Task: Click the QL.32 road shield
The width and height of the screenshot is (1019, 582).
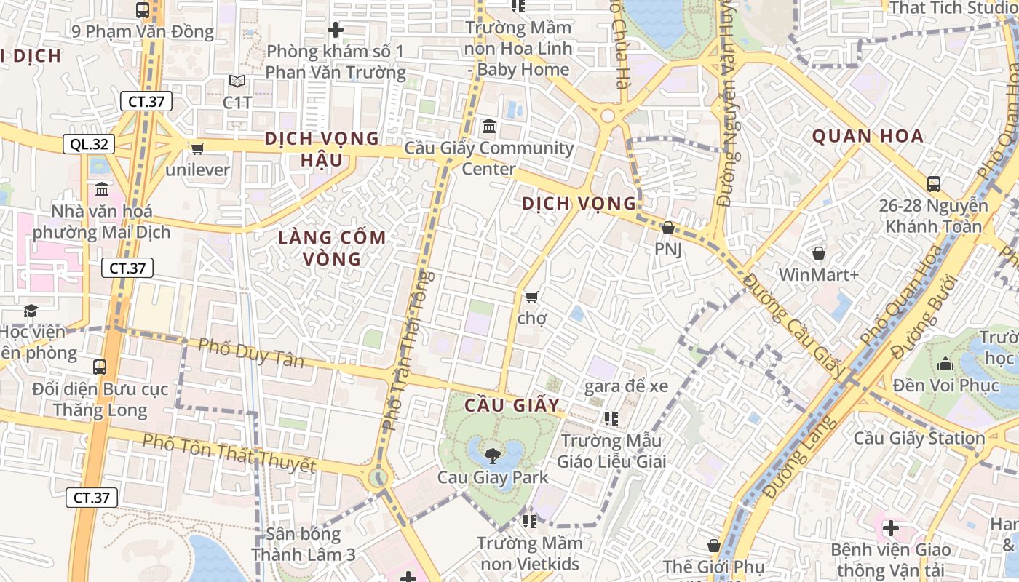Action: (90, 144)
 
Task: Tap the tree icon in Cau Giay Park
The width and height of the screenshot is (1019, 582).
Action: (492, 456)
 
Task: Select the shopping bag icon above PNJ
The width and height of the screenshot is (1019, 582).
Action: (667, 228)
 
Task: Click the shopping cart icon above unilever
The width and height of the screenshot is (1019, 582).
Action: (197, 148)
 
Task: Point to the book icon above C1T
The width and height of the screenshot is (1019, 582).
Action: (237, 81)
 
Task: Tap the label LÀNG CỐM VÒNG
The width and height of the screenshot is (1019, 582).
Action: (332, 247)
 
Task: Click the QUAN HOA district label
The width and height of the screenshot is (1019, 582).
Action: (868, 136)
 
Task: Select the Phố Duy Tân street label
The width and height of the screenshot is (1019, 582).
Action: (251, 352)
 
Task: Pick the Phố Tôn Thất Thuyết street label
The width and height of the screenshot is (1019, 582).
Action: (229, 452)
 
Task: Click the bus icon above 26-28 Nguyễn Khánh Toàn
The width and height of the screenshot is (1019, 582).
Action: (934, 184)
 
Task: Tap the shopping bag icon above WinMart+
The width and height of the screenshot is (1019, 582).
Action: (819, 253)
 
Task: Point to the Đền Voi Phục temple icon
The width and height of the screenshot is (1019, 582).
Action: (946, 363)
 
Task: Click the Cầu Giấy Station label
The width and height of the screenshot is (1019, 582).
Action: (919, 438)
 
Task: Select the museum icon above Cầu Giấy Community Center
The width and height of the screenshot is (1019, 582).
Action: (489, 127)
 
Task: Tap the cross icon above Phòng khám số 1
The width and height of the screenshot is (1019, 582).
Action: (335, 30)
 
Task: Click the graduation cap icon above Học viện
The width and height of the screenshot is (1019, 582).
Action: (31, 311)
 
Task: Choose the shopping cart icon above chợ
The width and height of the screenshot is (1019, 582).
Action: (531, 297)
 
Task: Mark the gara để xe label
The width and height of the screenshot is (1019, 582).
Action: (626, 386)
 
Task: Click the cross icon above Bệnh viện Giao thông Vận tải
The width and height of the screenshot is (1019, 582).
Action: (890, 527)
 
